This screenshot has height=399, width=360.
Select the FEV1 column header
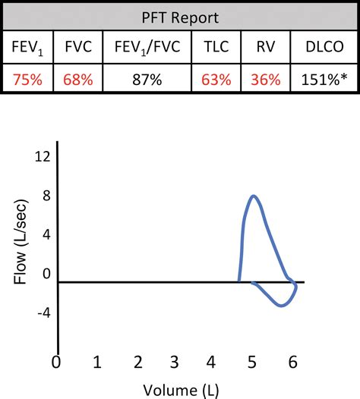27,46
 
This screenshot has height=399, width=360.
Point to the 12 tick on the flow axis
43,156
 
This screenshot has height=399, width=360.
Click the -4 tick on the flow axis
43,312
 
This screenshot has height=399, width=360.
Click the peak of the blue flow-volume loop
254,196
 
